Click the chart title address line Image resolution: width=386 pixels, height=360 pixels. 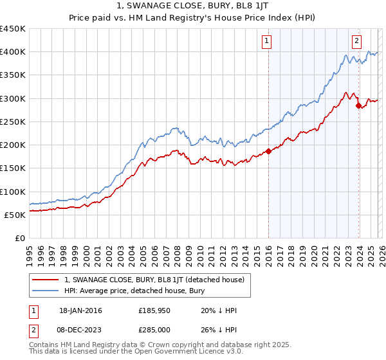tap(192, 6)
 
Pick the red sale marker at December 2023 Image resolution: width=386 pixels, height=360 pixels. tap(358, 105)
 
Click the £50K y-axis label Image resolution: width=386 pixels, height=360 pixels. tap(15, 215)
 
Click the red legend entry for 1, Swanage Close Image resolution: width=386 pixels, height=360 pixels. tap(154, 280)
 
